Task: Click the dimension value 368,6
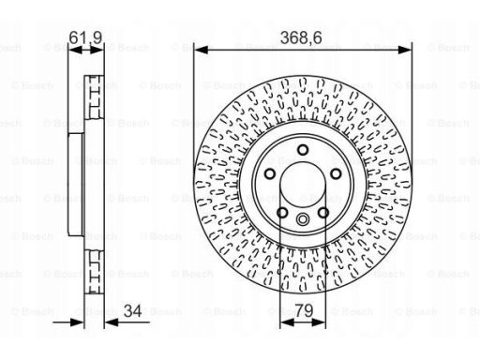[x=301, y=38]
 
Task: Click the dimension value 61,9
[x=85, y=37]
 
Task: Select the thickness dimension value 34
[x=132, y=310]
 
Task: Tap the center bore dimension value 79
[x=304, y=310]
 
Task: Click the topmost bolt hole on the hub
[x=303, y=150]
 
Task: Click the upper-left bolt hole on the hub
[x=270, y=173]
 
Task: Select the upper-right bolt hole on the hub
[x=336, y=173]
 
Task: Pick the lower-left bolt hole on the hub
[x=282, y=213]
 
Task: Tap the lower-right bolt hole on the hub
[x=323, y=213]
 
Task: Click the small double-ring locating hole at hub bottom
[x=303, y=219]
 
